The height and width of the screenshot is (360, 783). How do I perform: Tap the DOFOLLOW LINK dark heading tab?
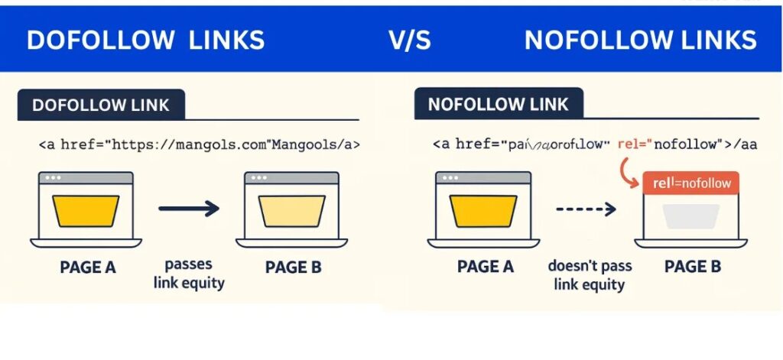coord(101,105)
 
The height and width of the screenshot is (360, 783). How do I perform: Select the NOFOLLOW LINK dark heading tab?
coord(499,105)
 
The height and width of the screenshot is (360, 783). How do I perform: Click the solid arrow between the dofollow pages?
coord(188,207)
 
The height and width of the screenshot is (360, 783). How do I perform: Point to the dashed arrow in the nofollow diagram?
coord(585,207)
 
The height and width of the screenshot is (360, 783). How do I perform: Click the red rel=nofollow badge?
coord(691,183)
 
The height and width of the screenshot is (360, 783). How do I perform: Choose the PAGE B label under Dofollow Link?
coord(293,268)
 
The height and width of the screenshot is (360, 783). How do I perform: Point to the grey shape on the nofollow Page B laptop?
coord(690,216)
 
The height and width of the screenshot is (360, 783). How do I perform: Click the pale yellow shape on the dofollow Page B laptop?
coord(293,210)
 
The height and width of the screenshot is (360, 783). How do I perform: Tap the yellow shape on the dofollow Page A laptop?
coord(86,210)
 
